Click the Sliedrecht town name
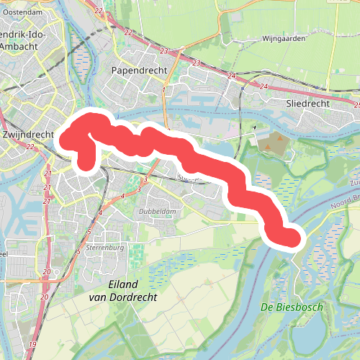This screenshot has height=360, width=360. pyautogui.click(x=307, y=104)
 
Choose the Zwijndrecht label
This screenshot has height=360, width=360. pyautogui.click(x=29, y=135)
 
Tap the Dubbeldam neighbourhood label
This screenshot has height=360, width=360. pyautogui.click(x=158, y=212)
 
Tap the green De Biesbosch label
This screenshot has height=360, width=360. pyautogui.click(x=291, y=308)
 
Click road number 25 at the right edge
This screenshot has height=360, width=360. pyautogui.click(x=357, y=105)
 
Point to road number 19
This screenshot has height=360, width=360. pyautogui.click(x=32, y=346)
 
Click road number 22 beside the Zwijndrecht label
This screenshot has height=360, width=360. pyautogui.click(x=30, y=147)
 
